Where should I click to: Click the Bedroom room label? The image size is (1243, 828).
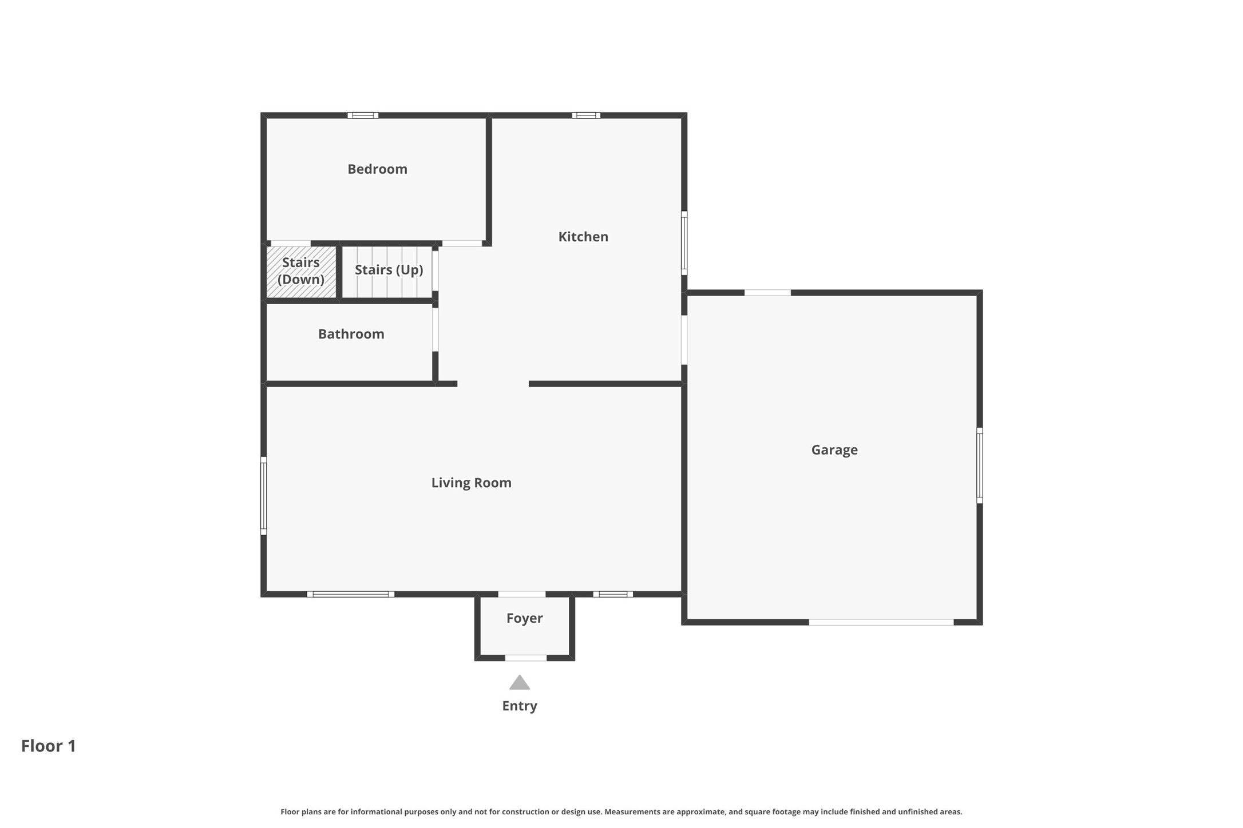coord(377,169)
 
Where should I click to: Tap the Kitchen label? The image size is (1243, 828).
coord(583,237)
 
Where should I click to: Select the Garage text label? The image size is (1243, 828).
coord(834,450)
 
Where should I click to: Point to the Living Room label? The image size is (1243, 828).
coord(471,483)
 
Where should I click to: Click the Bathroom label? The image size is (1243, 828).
coord(351,334)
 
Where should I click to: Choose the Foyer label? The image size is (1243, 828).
coord(524,618)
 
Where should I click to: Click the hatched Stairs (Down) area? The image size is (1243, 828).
coord(301,272)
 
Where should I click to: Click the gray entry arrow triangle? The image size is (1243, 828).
coord(519,683)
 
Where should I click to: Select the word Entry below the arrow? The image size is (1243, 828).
coord(519,706)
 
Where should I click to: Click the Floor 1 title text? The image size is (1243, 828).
coord(49,746)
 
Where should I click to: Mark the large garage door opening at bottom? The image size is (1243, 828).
coord(881,622)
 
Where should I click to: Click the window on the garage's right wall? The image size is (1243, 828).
coord(979,465)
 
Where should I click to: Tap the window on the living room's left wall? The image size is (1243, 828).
coord(264,496)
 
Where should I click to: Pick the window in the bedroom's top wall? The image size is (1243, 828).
coord(363,116)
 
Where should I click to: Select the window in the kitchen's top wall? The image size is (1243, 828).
coord(586,116)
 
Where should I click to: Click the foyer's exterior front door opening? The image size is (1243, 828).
coord(525,658)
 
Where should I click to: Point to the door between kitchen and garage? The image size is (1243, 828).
coord(684,340)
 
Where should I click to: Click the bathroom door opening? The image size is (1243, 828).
coord(435,330)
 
